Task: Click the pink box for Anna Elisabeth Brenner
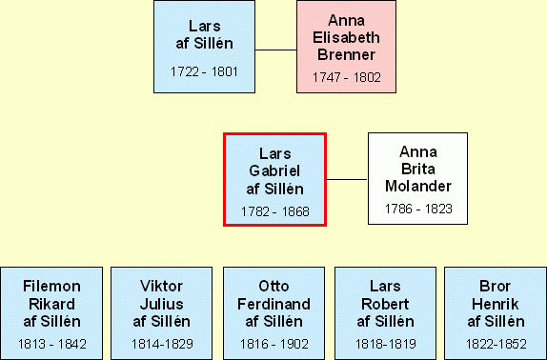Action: point(346,47)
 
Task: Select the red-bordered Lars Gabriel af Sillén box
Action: point(274,179)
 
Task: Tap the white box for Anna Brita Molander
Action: point(417,178)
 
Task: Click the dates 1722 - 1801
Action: point(204,71)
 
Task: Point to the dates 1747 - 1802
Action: point(347,77)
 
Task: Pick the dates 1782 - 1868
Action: point(274,211)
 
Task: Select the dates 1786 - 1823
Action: point(418,209)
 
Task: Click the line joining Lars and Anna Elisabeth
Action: point(276,50)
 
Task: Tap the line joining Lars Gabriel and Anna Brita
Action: point(347,179)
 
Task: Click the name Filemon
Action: point(52,287)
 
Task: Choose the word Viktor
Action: point(161,287)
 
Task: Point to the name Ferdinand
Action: point(273,304)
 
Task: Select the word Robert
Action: point(385,304)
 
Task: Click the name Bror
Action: point(495,287)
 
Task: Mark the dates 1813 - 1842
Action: point(52,345)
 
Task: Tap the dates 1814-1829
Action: point(162,345)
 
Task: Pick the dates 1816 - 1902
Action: point(274,345)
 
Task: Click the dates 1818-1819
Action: point(386,345)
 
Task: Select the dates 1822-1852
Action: point(496,345)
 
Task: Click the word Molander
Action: point(418,186)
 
